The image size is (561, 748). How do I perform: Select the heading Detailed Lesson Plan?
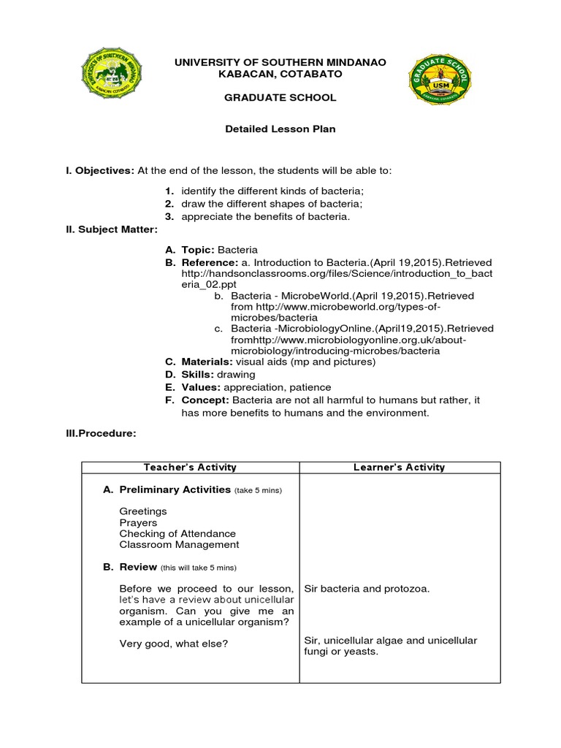coord(280,129)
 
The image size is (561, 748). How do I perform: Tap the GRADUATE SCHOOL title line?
coord(280,97)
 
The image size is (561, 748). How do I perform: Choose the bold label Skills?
coord(196,375)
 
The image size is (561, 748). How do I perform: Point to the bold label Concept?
coord(205,400)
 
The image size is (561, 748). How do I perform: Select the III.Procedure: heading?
coord(101,433)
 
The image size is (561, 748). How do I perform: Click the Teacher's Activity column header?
coord(191,467)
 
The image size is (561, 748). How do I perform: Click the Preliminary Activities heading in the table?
coord(175,489)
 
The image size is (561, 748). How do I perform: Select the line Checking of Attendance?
coord(178,533)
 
